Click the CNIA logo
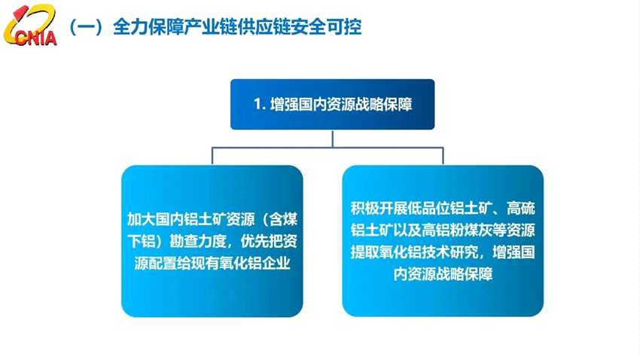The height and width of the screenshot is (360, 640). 30,28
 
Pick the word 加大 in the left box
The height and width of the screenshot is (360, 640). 140,219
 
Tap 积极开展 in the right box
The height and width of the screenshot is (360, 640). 374,208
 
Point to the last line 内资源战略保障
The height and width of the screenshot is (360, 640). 443,273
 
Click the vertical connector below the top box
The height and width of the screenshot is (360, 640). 332,139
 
